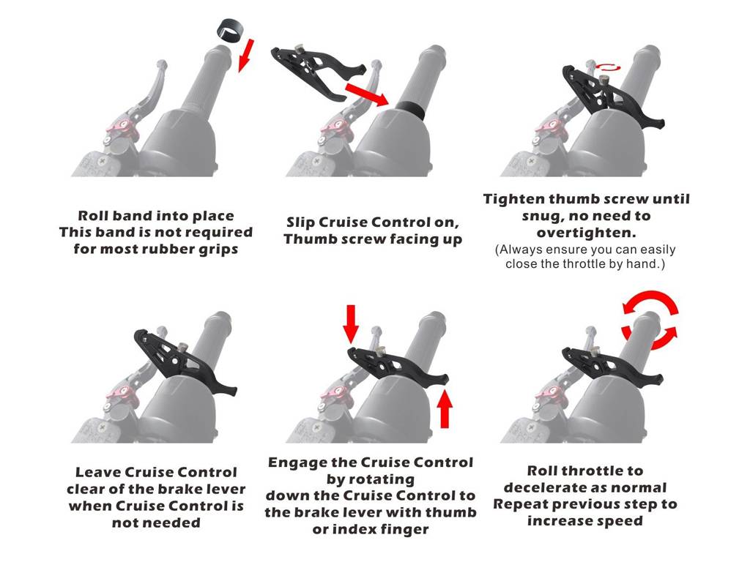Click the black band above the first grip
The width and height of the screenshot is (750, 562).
229,30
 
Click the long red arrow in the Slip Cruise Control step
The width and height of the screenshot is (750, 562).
366,94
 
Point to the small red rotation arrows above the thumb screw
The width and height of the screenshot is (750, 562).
607,67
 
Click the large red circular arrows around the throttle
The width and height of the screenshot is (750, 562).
650,319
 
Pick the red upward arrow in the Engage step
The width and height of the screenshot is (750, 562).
445,408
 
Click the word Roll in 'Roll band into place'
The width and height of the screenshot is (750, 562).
93,216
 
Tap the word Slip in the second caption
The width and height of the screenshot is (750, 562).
300,222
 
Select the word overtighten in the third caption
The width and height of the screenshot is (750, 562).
585,233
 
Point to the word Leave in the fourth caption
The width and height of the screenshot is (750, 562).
98,472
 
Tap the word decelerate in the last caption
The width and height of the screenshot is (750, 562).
546,487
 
